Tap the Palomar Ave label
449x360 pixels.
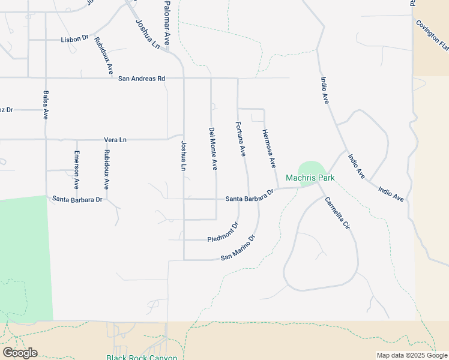(x=167, y=23)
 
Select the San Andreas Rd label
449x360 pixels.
(x=141, y=79)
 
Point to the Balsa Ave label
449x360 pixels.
(x=46, y=105)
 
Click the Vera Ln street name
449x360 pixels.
(x=115, y=140)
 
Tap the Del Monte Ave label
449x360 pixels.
(x=212, y=148)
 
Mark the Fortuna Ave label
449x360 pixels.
(x=240, y=139)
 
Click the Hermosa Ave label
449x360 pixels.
(x=268, y=148)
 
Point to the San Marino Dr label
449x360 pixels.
(x=238, y=247)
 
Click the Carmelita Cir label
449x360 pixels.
(x=337, y=215)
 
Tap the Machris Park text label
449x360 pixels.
(x=310, y=178)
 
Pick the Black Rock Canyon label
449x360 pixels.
(x=142, y=358)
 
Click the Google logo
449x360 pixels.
(x=20, y=352)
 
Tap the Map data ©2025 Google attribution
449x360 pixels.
(x=411, y=355)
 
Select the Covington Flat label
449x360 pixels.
(x=433, y=36)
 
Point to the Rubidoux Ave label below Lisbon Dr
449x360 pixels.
(x=103, y=56)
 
